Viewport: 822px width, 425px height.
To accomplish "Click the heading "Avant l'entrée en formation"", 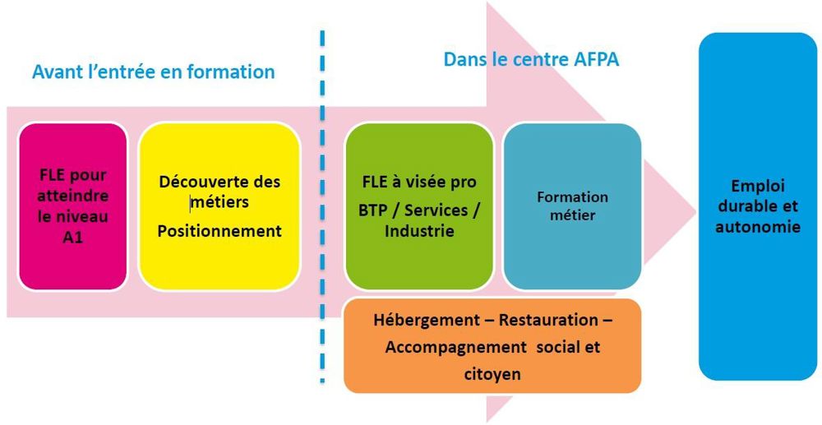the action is pos(153,72).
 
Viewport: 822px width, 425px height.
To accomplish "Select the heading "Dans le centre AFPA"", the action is pos(532,59).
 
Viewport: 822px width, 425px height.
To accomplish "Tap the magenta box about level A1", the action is pos(73,206).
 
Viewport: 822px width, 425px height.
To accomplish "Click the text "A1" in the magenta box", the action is pos(73,238).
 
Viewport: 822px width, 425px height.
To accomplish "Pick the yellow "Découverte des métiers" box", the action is pos(219,206).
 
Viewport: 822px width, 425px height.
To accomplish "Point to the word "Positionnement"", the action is pos(219,230).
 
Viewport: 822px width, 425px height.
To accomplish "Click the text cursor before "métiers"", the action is pos(191,202).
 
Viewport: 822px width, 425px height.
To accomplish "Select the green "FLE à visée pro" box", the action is pos(419,206).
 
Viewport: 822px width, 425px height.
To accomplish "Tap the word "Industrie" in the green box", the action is pos(419,231).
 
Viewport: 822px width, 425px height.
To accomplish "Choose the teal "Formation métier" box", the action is pos(572,206).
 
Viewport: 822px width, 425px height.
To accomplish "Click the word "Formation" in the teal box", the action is pos(572,197).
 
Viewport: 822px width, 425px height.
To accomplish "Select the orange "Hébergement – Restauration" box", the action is pos(492,346).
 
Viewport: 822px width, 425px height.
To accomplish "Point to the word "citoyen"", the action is pos(492,374).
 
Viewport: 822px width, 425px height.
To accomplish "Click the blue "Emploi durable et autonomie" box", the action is pos(758,206).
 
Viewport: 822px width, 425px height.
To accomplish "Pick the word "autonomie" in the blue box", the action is pos(758,228).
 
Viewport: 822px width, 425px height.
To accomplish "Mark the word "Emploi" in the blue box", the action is pos(758,187).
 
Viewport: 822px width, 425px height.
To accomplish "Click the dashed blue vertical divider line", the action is pos(322,206).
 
